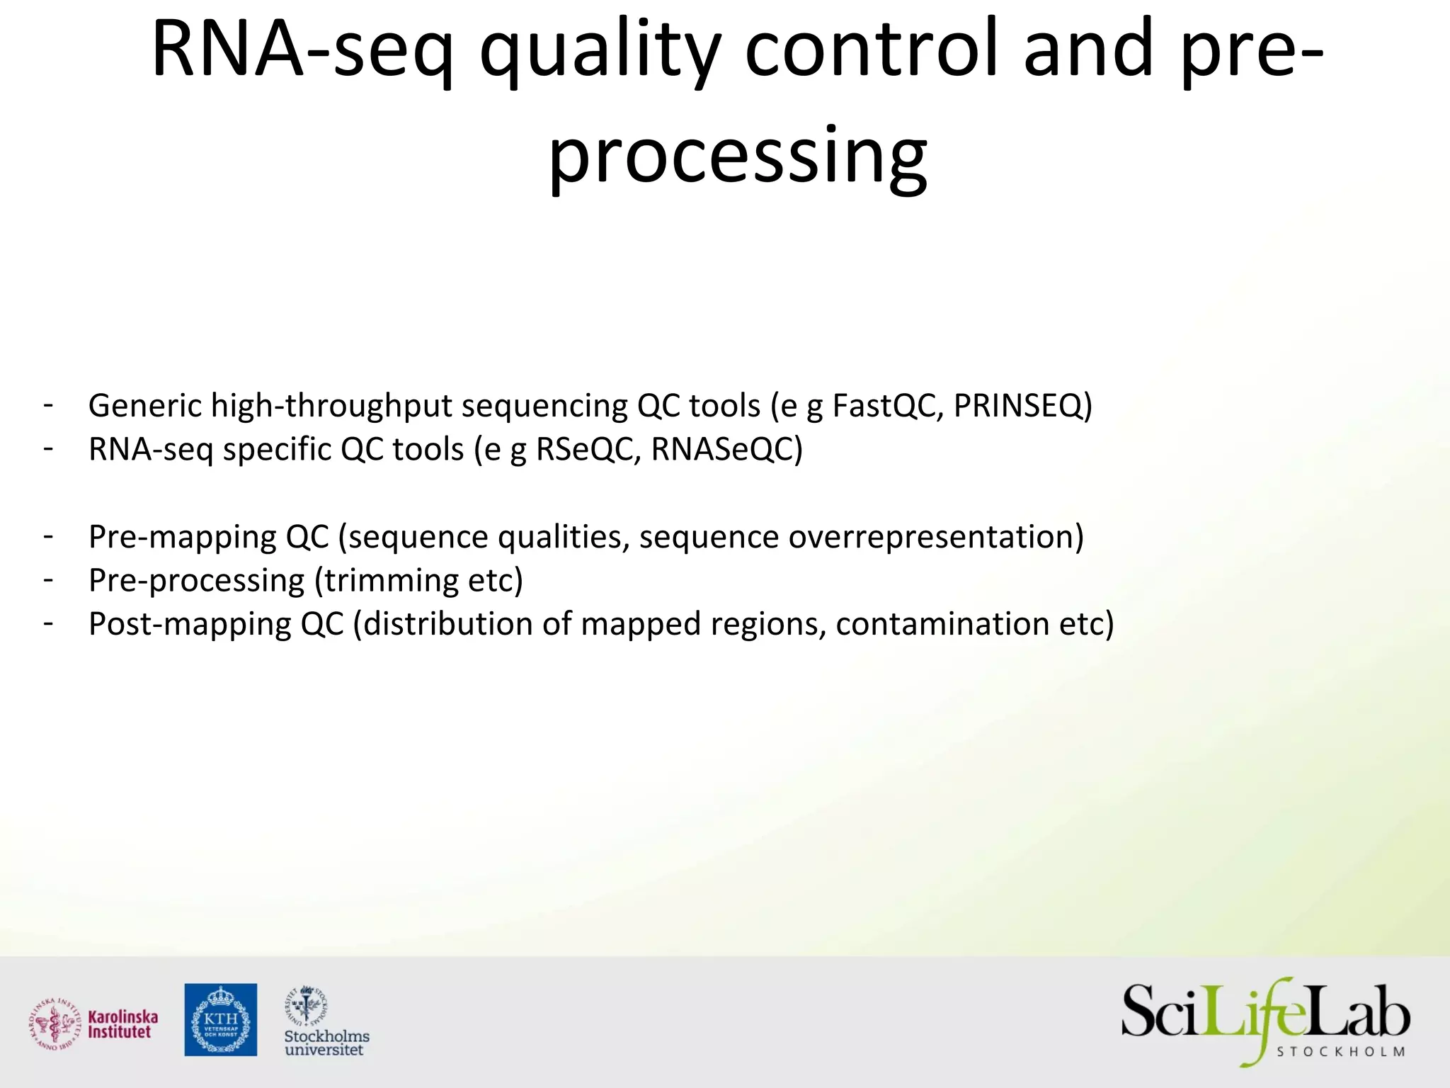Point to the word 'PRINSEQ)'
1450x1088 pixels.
pos(1023,406)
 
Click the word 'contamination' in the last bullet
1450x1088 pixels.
pos(942,624)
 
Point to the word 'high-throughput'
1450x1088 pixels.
pos(331,406)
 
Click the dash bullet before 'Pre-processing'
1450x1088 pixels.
pos(48,579)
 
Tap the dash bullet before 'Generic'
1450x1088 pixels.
pos(48,405)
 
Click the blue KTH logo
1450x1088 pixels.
pos(221,1019)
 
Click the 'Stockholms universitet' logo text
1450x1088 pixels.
pos(326,1043)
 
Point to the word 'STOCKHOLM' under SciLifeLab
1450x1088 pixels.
pos(1340,1052)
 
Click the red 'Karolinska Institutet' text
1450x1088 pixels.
pos(122,1024)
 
